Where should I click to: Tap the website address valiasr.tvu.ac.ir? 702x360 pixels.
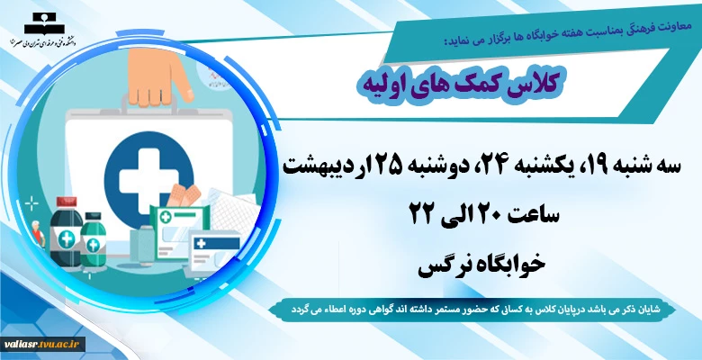42,345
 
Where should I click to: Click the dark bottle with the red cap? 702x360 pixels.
66,232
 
